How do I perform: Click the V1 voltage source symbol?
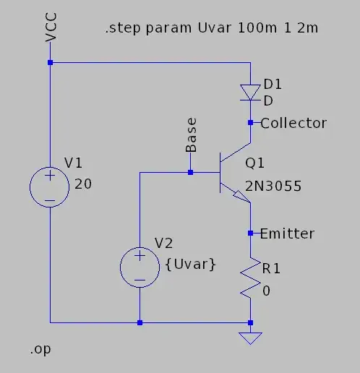coord(50,187)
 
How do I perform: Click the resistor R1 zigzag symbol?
coord(250,278)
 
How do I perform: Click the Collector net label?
coord(293,123)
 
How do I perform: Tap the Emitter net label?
coord(287,233)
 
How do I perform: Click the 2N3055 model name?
coord(273,187)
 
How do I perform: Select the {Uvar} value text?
coord(190,265)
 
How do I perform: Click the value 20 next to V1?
coord(83,184)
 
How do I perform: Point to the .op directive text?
coord(40,350)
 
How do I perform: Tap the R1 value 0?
coord(266,290)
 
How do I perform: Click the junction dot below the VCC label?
coord(50,63)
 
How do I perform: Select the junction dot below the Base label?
coord(190,172)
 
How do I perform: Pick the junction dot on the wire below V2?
coord(140,322)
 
